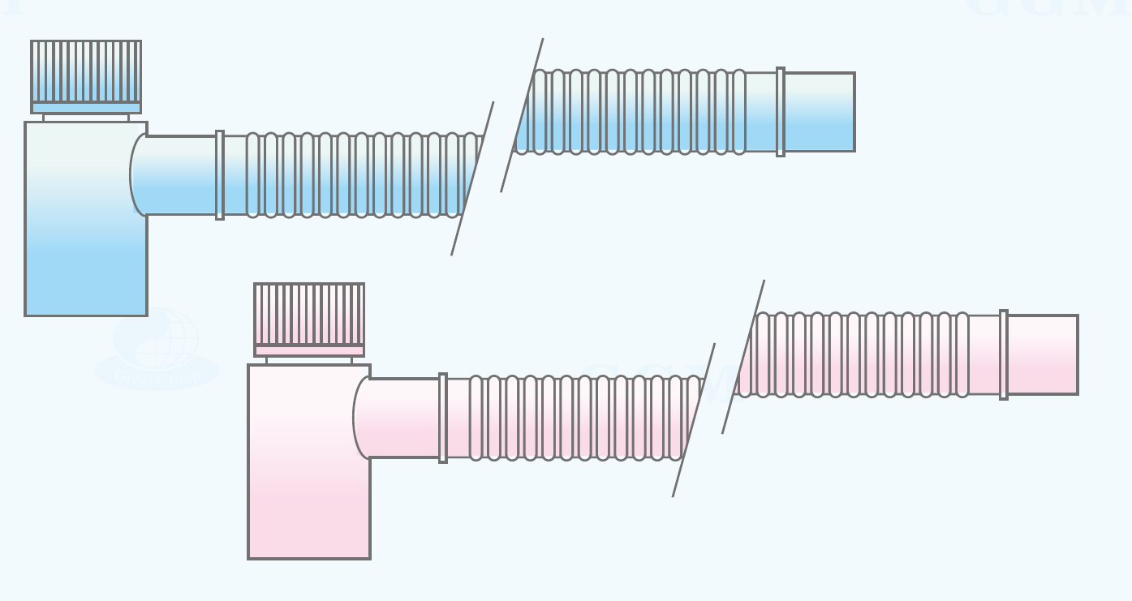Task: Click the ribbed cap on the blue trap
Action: click(86, 71)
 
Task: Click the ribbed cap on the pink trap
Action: click(309, 314)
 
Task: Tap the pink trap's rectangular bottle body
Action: click(309, 479)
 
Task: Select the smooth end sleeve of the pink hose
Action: click(1043, 354)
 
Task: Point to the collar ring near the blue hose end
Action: click(781, 112)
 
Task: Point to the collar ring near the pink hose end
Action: click(1004, 354)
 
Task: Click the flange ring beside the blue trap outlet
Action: click(220, 175)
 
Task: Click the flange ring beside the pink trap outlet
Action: click(443, 418)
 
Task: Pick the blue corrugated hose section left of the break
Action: click(357, 175)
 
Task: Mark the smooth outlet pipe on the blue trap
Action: click(179, 175)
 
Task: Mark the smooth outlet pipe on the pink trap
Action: click(402, 418)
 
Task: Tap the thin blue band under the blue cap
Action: click(86, 108)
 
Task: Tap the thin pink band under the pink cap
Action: click(309, 350)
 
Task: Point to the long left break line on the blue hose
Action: click(472, 178)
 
